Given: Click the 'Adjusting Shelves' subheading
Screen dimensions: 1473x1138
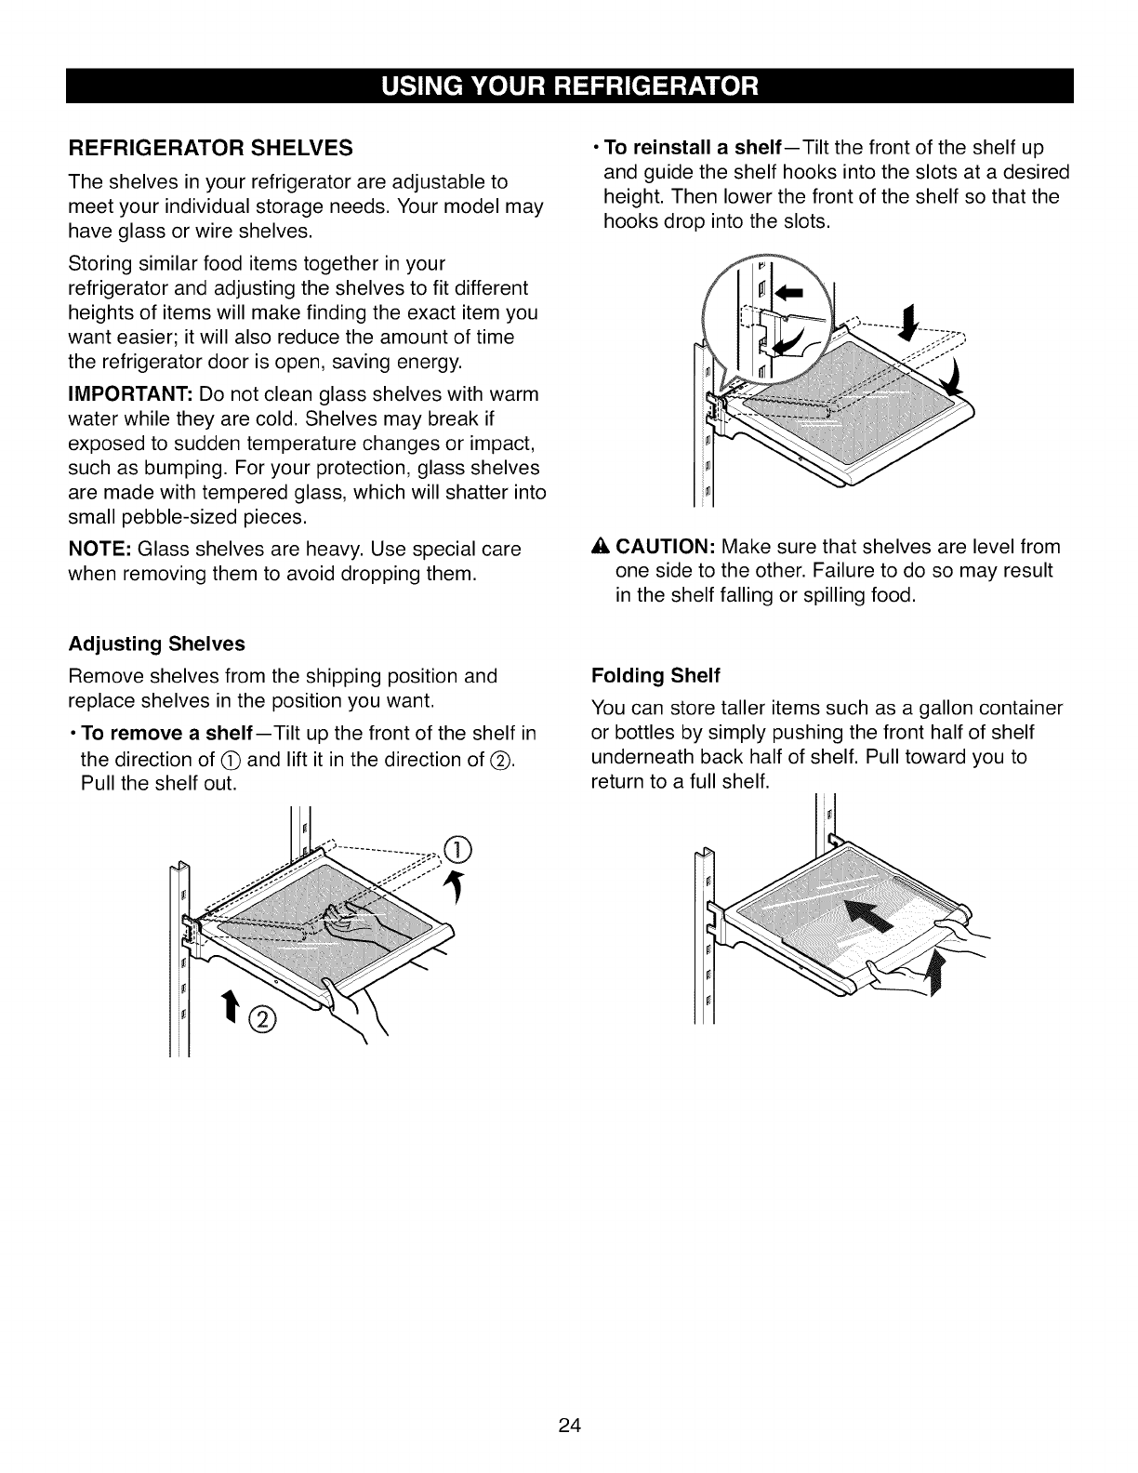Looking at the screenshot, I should click(156, 644).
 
